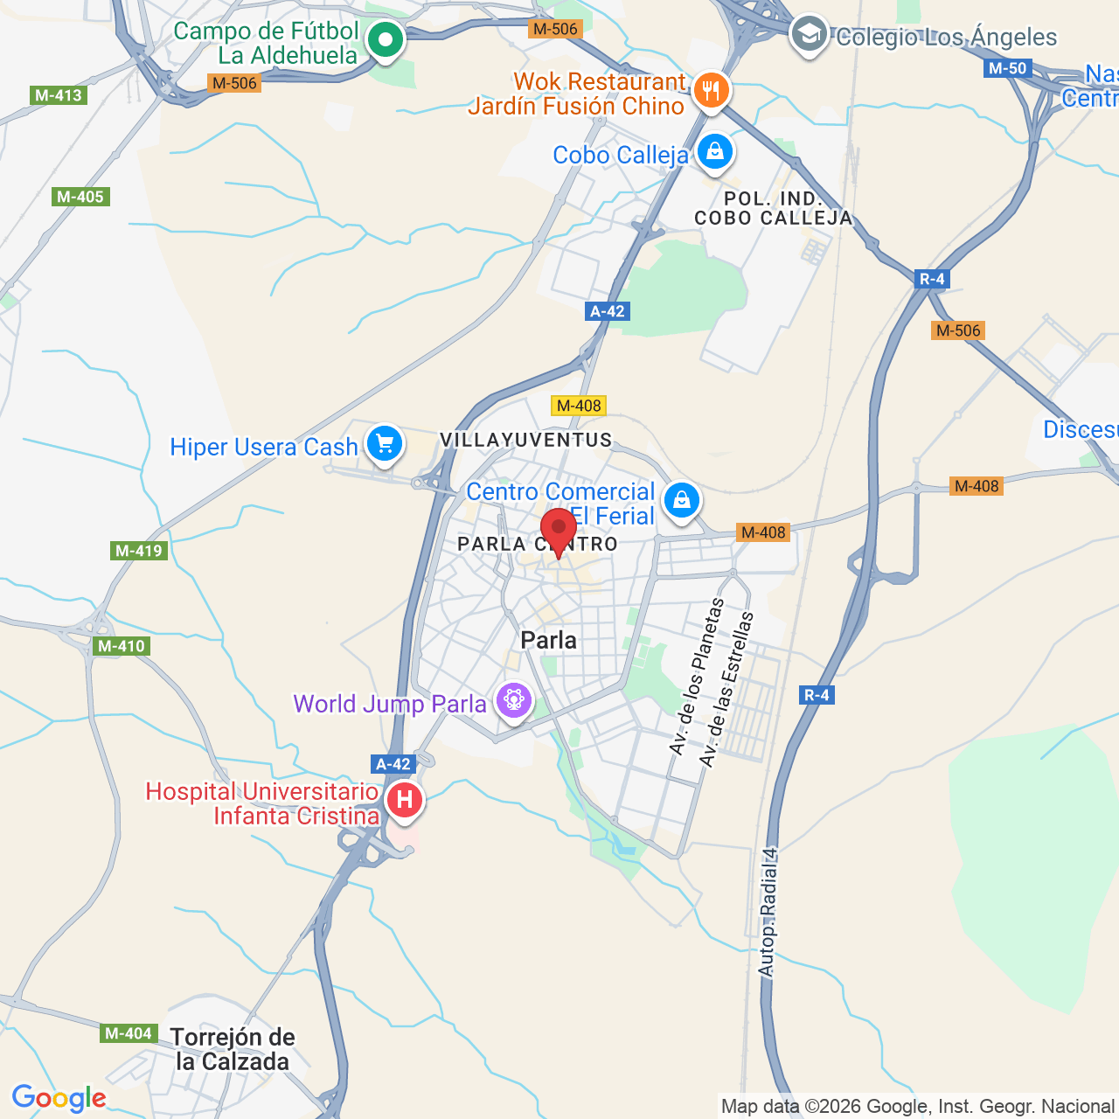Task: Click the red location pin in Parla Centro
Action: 558,530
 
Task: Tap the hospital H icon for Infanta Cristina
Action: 404,800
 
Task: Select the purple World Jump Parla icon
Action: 513,701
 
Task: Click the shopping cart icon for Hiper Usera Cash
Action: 384,444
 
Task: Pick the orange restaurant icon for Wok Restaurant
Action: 711,90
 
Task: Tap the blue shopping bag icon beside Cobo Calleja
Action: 715,152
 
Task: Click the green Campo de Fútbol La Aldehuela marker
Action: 385,39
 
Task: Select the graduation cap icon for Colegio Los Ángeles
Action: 809,35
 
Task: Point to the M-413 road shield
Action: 59,95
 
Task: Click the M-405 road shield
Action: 80,197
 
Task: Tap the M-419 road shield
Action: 140,551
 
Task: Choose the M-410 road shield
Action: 122,646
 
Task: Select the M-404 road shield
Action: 129,1033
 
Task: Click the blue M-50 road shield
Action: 1008,68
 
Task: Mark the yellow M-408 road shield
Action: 579,405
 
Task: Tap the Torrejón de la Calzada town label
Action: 233,1049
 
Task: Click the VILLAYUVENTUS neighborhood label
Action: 525,440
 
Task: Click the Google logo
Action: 59,1098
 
